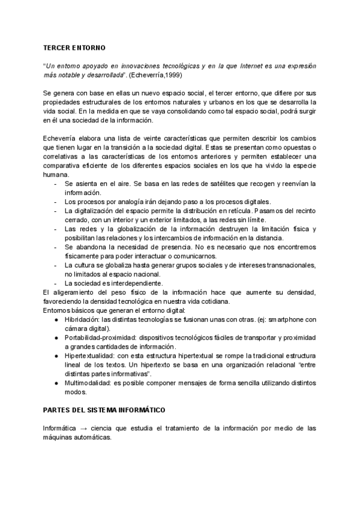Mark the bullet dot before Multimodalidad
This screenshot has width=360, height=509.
click(56, 383)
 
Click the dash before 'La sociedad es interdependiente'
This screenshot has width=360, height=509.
click(56, 283)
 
